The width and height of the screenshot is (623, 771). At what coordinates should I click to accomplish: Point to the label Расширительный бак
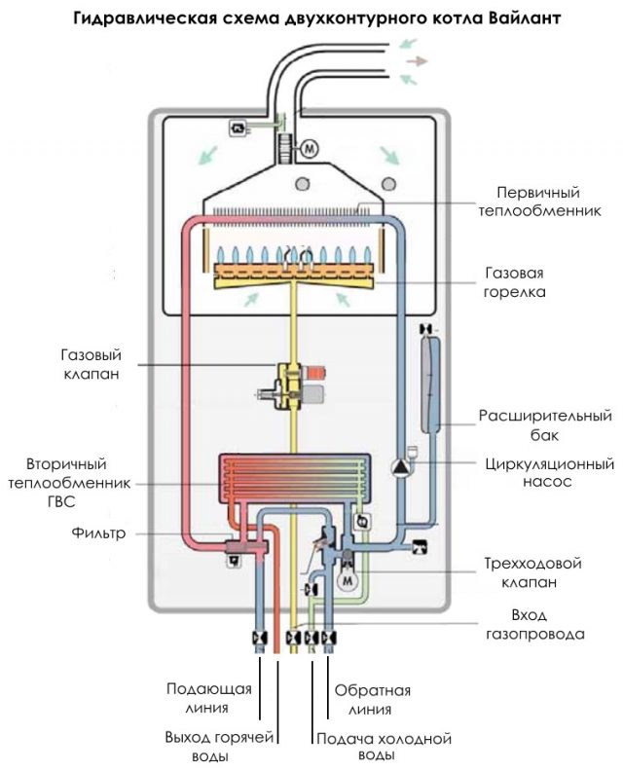tap(545, 425)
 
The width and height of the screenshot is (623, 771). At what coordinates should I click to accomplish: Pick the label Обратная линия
tap(372, 699)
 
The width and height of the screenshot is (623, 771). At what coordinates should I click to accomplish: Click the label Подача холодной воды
tap(384, 746)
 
